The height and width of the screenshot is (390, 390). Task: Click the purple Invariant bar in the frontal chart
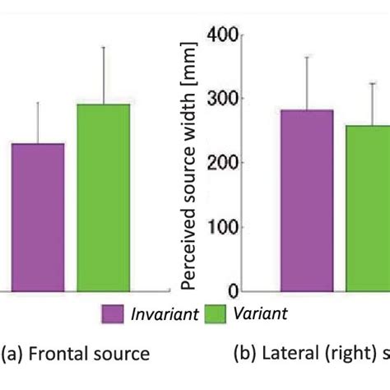(38, 217)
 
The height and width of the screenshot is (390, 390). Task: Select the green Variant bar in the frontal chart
(104, 197)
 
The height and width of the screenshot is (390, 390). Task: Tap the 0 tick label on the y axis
(233, 291)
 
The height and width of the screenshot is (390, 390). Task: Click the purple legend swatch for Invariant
(112, 314)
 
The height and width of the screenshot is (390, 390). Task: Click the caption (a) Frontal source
(75, 354)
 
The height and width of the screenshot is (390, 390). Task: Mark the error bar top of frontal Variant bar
(104, 47)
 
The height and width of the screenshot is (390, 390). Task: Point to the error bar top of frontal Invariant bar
(38, 102)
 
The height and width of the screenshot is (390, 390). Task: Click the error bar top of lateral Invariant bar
(307, 57)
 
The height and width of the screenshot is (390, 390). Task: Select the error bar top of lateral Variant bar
(372, 82)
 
